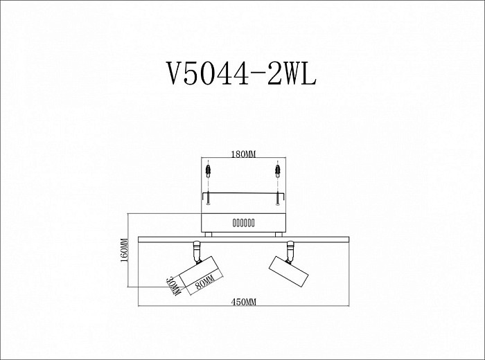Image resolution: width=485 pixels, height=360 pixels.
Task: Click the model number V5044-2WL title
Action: point(242,73)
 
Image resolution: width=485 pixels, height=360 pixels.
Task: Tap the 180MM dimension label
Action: point(243,154)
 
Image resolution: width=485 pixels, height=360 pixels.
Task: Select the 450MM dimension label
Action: point(244,302)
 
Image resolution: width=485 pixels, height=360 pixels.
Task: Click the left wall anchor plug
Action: point(209,171)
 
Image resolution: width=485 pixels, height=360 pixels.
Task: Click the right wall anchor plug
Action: point(278,171)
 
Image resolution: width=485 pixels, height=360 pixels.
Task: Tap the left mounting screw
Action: point(209,198)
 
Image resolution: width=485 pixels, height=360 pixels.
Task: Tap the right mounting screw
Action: point(278,198)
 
